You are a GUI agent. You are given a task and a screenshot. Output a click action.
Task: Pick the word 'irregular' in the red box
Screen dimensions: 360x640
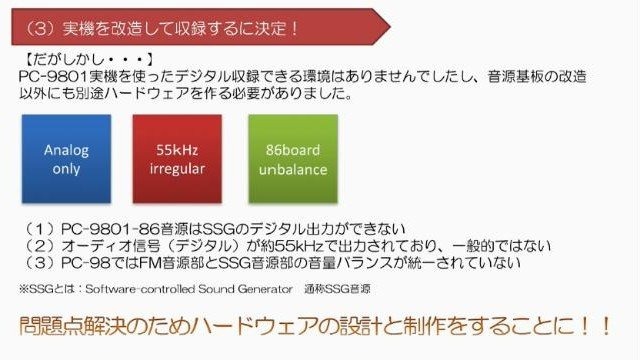click(179, 168)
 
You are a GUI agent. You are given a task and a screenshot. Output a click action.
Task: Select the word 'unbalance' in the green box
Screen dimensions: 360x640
click(293, 168)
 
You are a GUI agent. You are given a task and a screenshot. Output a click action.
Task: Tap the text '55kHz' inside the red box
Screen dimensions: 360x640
click(179, 149)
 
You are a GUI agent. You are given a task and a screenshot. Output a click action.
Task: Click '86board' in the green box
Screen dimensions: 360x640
click(293, 149)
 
